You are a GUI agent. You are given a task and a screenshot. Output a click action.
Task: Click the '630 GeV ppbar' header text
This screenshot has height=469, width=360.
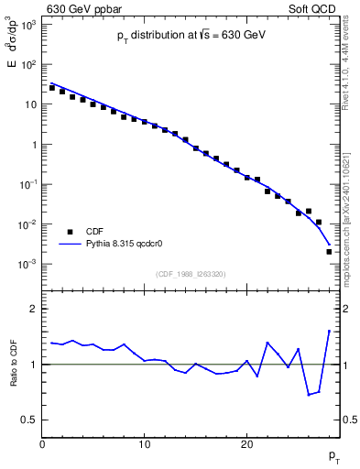[x=81, y=8]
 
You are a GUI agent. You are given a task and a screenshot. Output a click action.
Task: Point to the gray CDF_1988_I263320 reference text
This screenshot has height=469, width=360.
[x=191, y=273]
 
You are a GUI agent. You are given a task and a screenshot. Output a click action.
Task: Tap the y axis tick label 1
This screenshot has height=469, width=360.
[x=32, y=145]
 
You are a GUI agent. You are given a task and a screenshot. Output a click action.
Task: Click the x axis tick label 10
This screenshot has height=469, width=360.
[x=144, y=444]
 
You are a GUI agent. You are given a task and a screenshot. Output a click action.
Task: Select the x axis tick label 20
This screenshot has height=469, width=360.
[x=246, y=444]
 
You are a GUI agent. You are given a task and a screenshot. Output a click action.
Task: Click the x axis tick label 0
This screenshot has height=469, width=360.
[x=42, y=444]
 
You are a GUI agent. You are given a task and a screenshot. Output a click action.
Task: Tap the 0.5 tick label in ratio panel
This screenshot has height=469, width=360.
[x=29, y=420]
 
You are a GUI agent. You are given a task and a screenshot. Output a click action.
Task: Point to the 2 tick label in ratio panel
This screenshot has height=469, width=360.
[x=33, y=309]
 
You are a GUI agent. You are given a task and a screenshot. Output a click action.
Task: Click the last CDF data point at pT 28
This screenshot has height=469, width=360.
[x=329, y=251]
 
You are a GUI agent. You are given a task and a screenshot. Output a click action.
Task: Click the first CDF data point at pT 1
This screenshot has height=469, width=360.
[x=52, y=88]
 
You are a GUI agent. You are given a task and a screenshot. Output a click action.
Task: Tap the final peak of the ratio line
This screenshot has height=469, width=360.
[x=329, y=331]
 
